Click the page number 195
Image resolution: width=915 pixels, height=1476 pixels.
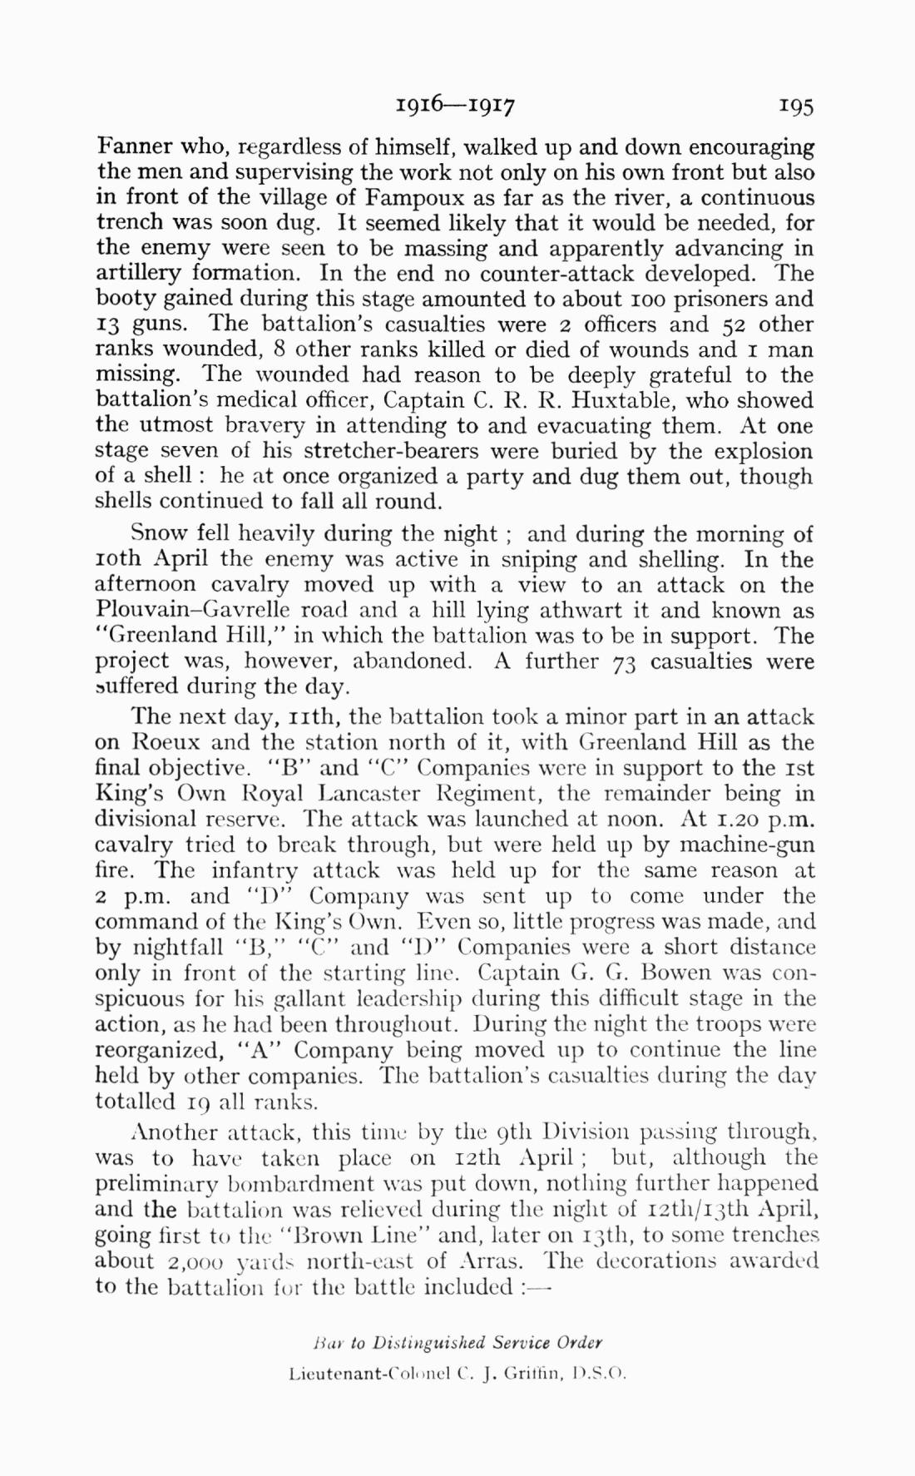(796, 106)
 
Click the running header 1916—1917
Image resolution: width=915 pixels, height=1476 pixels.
(456, 106)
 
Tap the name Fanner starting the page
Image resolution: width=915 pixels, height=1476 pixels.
(136, 147)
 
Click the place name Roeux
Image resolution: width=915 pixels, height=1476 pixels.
(170, 742)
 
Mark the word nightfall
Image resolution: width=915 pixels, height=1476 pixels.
(178, 947)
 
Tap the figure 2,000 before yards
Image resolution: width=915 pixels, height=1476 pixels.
(188, 1260)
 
